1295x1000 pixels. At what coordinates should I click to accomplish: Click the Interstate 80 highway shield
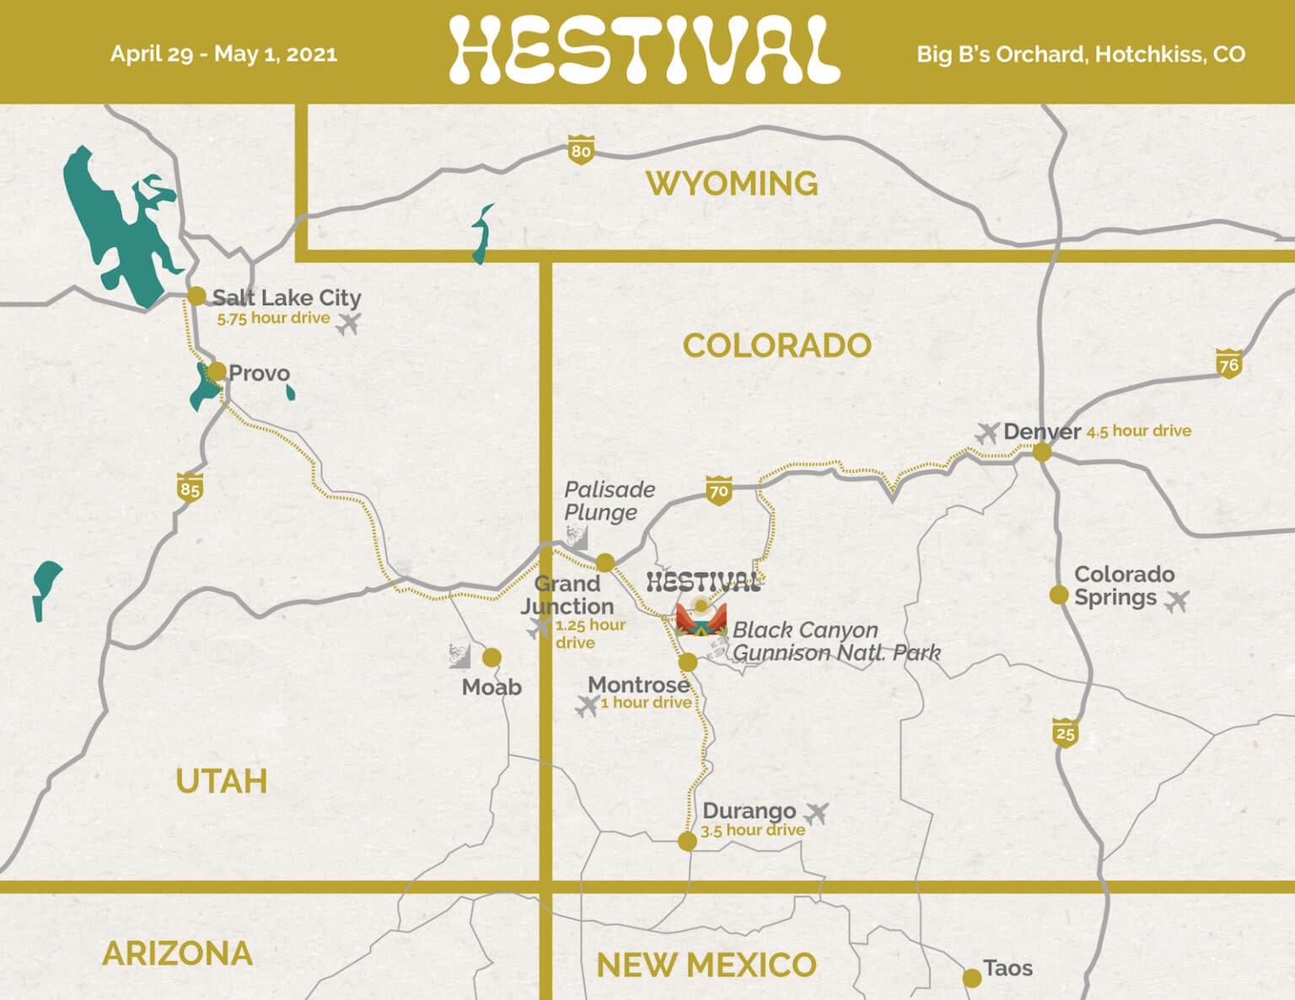point(581,150)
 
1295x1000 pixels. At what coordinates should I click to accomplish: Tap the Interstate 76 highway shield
point(1228,363)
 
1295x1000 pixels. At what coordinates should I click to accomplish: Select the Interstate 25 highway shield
point(1066,732)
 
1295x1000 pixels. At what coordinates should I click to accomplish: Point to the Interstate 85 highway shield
point(190,488)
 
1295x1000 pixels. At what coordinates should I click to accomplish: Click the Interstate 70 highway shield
point(718,490)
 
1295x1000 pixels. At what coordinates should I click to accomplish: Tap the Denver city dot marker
point(1042,452)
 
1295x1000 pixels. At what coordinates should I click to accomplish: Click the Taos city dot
point(971,977)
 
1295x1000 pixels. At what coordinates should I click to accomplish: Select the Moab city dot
point(492,657)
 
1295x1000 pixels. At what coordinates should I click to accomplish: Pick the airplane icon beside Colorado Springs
point(1176,601)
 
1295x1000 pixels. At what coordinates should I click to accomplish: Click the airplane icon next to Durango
point(815,813)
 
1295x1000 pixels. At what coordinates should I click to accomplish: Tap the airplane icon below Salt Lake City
point(348,323)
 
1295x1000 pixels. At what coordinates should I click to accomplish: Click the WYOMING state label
point(732,183)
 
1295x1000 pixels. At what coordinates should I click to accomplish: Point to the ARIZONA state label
point(177,953)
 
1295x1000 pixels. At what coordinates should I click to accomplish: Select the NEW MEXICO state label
point(706,965)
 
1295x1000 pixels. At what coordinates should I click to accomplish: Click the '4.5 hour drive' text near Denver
point(1138,430)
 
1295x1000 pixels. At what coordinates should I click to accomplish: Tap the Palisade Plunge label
point(609,500)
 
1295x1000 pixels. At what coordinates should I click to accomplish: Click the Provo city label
point(259,373)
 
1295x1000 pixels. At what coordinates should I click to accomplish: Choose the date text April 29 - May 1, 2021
point(223,54)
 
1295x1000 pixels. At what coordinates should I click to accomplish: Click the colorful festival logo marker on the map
point(701,620)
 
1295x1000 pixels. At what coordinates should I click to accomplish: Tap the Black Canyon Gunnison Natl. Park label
point(835,641)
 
